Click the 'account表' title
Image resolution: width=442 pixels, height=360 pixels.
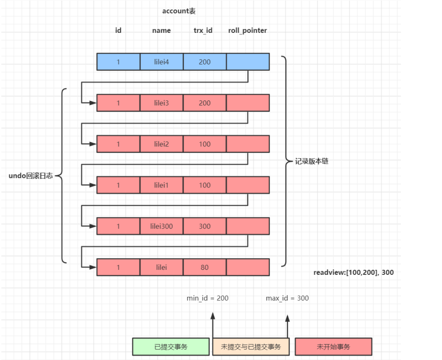coord(179,11)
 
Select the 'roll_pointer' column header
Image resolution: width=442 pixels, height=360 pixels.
coord(248,31)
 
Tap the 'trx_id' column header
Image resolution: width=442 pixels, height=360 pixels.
coord(203,31)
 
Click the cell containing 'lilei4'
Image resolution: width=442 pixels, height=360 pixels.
coord(161,62)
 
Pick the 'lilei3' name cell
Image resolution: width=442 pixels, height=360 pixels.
coord(161,103)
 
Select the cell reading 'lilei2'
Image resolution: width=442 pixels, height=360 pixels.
coord(161,144)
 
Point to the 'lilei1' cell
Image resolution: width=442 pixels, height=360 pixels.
coord(161,185)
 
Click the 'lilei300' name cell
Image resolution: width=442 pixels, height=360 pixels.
coord(161,226)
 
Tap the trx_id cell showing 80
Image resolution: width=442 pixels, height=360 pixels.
coord(205,267)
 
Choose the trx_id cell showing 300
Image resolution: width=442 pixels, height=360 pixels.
coord(205,226)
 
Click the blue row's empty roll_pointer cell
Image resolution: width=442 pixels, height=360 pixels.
coord(248,62)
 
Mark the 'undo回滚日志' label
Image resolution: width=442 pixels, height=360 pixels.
coord(31,176)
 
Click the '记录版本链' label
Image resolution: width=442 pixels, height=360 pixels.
coord(312,161)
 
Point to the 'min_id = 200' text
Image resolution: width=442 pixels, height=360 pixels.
coord(207,298)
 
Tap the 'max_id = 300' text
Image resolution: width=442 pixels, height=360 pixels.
coord(287,298)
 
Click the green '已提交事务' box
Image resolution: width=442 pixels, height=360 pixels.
coord(171,347)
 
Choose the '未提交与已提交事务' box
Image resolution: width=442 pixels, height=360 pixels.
coord(251,347)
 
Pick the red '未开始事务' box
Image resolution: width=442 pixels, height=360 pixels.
coord(333,347)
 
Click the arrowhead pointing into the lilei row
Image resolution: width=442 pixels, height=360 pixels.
coord(93,267)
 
